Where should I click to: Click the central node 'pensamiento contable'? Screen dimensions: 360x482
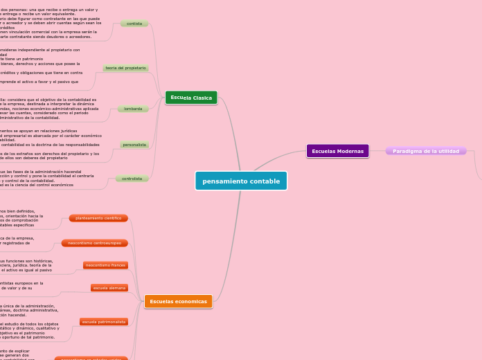point(241,181)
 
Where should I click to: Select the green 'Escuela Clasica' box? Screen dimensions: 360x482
point(191,98)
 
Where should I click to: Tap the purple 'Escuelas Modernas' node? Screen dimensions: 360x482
point(337,151)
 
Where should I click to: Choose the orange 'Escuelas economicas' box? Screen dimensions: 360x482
point(178,301)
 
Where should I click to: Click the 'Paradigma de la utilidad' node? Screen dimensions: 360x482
point(425,151)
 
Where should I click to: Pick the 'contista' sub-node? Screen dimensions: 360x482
point(134,24)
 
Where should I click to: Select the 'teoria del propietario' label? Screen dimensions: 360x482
point(125,68)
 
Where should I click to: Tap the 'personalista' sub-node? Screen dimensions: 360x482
point(134,145)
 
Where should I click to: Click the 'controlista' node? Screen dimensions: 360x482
point(132,179)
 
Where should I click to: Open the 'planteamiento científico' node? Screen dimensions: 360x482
point(98,218)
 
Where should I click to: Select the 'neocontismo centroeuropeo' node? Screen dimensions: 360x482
point(94,243)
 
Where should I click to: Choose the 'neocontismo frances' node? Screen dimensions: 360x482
point(105,265)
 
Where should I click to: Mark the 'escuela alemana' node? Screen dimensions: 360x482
point(109,287)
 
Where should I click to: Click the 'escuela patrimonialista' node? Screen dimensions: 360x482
point(104,322)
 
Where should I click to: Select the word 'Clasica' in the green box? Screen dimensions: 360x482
point(203,98)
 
